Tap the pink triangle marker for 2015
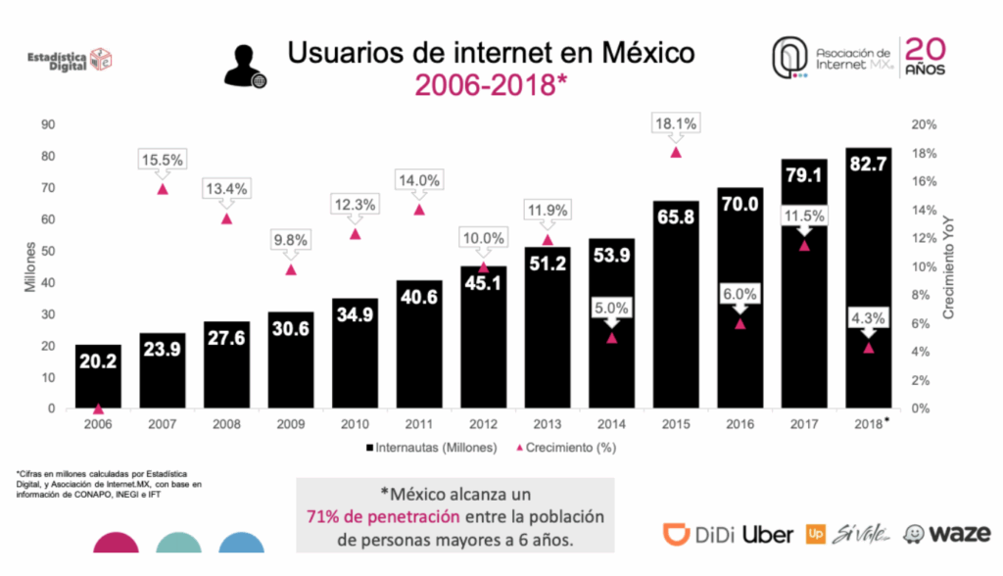pyautogui.click(x=675, y=152)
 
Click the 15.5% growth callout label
pyautogui.click(x=162, y=160)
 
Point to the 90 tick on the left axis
pyautogui.click(x=46, y=124)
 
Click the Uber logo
pyautogui.click(x=768, y=534)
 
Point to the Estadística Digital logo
pyautogui.click(x=72, y=61)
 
